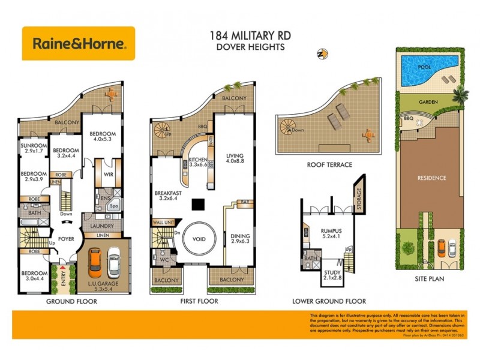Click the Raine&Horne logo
tap(79, 43)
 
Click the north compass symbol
tap(322, 54)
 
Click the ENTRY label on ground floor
tap(62, 276)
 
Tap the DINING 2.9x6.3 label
tap(241, 240)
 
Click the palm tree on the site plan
tap(460, 94)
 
